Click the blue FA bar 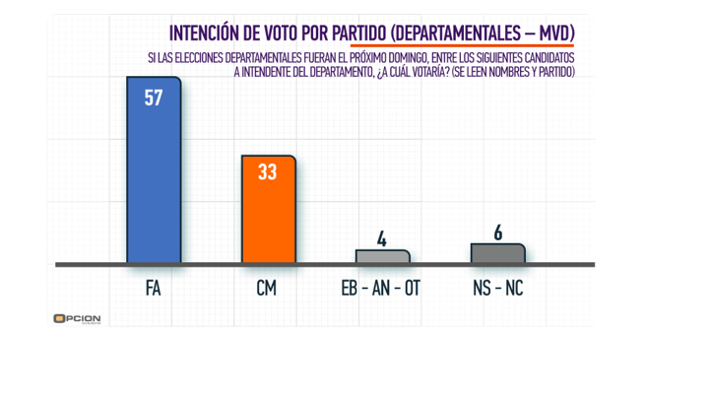(154, 177)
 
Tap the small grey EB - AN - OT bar (382, 256)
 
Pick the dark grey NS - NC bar (497, 253)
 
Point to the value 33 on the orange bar (269, 171)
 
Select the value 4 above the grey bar (383, 238)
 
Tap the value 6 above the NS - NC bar (497, 232)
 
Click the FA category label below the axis (154, 289)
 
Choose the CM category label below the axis (269, 289)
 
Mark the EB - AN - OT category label (382, 289)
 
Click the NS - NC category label (497, 289)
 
